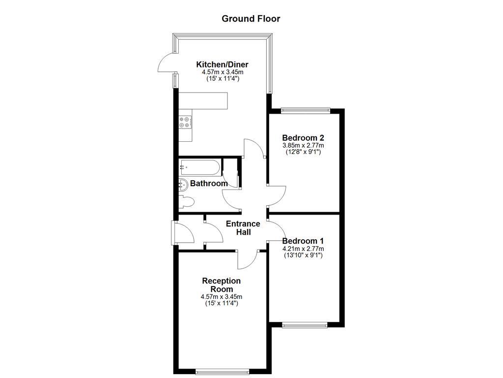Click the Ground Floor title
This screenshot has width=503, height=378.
(251, 19)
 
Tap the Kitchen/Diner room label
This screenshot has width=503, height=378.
(222, 64)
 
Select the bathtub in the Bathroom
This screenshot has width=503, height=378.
(199, 167)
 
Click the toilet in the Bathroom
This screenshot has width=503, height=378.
(186, 202)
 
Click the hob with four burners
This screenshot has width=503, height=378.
(185, 122)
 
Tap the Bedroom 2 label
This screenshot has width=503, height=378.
(303, 138)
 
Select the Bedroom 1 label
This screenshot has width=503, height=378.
(303, 241)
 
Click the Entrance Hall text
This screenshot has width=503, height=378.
(243, 228)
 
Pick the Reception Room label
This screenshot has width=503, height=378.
(222, 284)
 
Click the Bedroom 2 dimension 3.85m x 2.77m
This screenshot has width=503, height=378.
(303, 146)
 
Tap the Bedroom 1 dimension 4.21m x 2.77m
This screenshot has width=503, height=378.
(303, 249)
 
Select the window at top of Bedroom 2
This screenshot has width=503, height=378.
(304, 110)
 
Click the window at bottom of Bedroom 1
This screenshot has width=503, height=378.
(305, 324)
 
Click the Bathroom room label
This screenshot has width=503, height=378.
(209, 184)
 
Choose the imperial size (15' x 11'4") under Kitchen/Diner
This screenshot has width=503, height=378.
(222, 79)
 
